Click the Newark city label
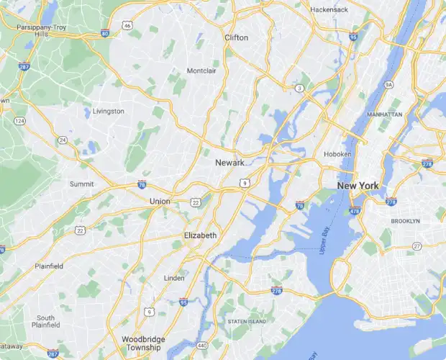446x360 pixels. pos(230,163)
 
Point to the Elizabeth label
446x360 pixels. pos(200,235)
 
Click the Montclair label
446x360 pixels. pos(201,71)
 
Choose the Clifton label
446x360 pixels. pos(236,37)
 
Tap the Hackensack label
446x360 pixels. pos(329,9)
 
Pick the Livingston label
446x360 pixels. pos(109,112)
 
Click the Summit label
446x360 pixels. pos(81,184)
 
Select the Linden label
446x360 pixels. pos(175,278)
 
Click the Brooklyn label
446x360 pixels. pos(405,220)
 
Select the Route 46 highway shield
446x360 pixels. pos(127,25)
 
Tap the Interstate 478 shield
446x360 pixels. pos(355,210)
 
